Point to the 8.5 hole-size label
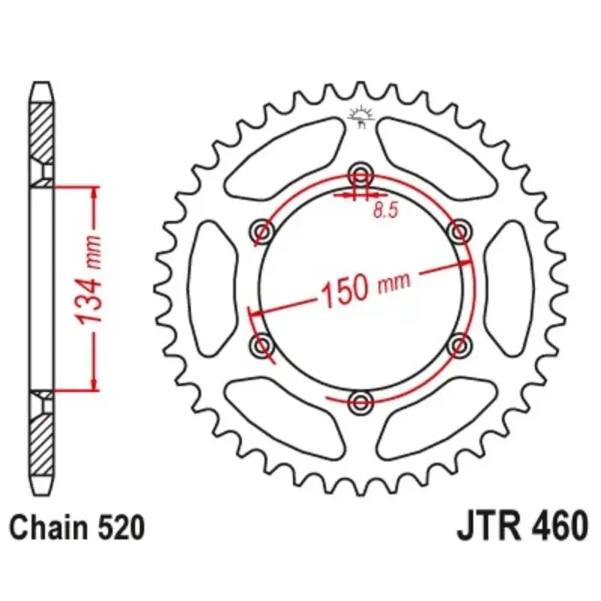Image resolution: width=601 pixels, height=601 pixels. coord(386,210)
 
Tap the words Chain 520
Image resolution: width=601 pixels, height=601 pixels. coord(77,528)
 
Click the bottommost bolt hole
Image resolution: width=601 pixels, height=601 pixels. coord(361,402)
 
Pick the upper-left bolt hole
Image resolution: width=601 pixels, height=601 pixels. coord(263,231)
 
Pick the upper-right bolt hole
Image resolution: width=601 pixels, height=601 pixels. coord(459,231)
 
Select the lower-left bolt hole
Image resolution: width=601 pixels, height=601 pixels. coord(263,345)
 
